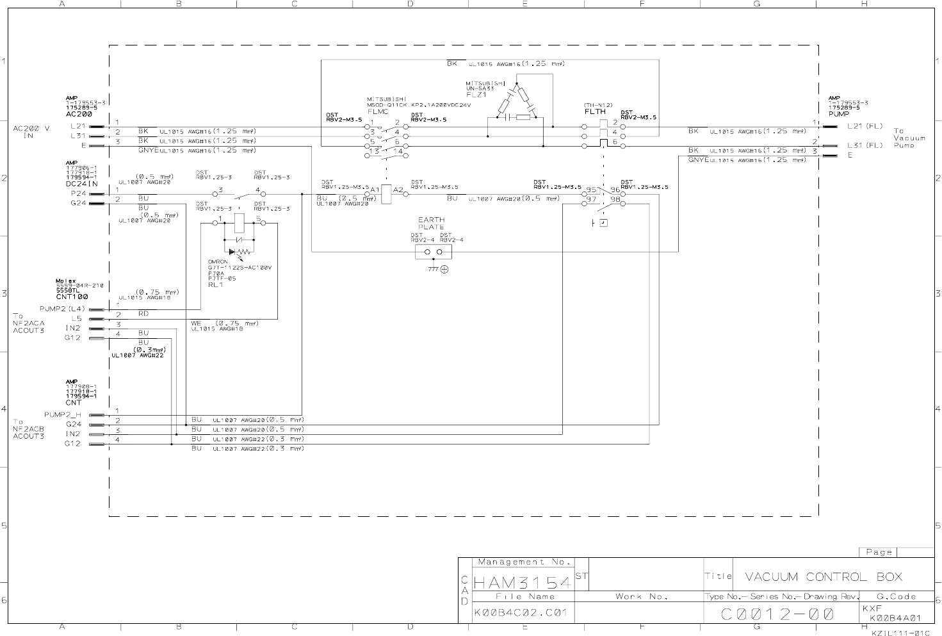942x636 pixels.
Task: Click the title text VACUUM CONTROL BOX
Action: (x=823, y=576)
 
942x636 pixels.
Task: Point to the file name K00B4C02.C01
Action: (x=521, y=612)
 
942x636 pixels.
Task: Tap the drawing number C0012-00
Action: (x=778, y=614)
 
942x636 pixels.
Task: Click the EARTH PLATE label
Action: (x=431, y=223)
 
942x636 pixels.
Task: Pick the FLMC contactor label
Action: (x=378, y=111)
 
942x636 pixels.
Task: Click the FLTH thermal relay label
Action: (x=595, y=111)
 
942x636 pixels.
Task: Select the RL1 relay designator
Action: (x=215, y=284)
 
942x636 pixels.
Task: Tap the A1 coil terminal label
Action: (x=375, y=190)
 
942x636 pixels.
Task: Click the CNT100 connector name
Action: (x=72, y=297)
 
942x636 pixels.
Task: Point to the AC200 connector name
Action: (x=79, y=113)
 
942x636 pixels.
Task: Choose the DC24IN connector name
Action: (x=81, y=183)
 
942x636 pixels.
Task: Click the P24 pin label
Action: (x=78, y=193)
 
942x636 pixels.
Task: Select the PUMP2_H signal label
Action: (x=63, y=414)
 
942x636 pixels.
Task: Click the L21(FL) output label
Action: (x=865, y=126)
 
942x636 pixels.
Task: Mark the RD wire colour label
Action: (x=143, y=314)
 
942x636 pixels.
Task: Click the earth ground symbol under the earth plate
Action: (x=444, y=270)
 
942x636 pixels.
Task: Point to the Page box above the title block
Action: (x=879, y=552)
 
